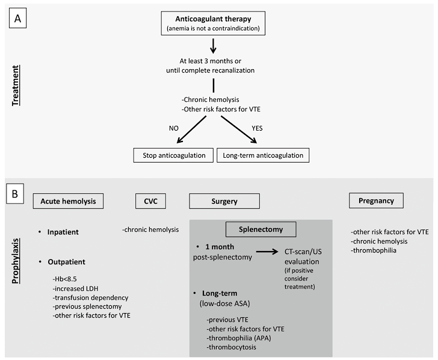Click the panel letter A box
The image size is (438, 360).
(17, 18)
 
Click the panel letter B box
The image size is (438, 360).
(15, 194)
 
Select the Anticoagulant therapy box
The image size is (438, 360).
(213, 23)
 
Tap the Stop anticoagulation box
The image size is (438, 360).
(173, 155)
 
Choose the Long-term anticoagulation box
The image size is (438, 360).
(263, 155)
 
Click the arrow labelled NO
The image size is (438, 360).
(191, 129)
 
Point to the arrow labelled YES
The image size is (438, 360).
(239, 129)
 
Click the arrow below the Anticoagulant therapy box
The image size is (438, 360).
(213, 46)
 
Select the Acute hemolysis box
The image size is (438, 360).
(68, 201)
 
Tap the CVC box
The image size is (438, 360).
(150, 201)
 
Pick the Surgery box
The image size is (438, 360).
(224, 201)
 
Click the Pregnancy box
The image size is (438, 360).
(376, 200)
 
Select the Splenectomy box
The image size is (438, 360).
(261, 229)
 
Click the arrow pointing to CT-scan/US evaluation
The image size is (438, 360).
(267, 252)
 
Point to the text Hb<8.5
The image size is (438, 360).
(64, 279)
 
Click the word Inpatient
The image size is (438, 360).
(63, 232)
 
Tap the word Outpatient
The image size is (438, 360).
(66, 262)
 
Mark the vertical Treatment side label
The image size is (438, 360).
(16, 85)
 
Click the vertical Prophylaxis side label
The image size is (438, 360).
(16, 261)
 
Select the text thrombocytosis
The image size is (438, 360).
(231, 347)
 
